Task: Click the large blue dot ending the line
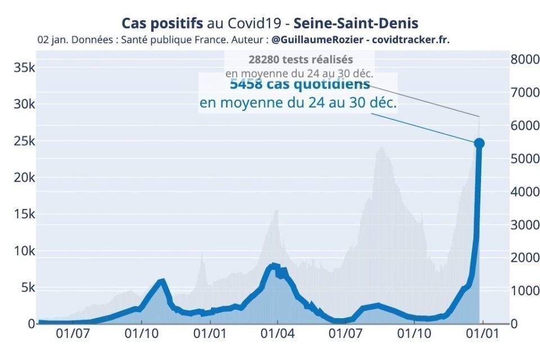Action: (x=479, y=143)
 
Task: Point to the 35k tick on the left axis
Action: (x=25, y=68)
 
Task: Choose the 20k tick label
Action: (x=25, y=178)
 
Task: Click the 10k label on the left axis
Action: (x=25, y=251)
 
